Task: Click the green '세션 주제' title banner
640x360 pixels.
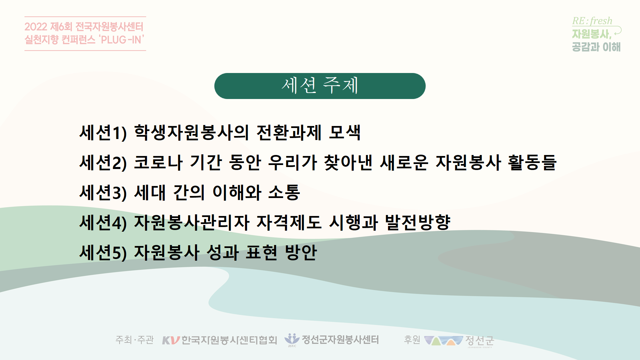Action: [x=320, y=86]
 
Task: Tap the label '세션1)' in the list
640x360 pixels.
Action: [x=103, y=133]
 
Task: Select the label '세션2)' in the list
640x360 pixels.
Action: [x=103, y=163]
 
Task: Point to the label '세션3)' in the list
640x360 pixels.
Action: [x=103, y=193]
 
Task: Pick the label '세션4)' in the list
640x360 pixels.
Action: [x=103, y=223]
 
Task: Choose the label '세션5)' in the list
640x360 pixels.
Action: [x=103, y=253]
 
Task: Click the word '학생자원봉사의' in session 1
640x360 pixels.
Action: [x=191, y=132]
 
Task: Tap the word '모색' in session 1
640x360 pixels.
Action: [x=344, y=132]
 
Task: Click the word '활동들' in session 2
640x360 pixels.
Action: [x=532, y=163]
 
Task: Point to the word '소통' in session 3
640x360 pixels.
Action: [x=284, y=193]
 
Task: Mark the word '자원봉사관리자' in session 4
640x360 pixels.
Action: [x=192, y=223]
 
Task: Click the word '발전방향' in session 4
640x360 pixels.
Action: [x=418, y=223]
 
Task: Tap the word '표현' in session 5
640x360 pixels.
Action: [x=261, y=252]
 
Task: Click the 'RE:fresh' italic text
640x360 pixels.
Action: [x=592, y=21]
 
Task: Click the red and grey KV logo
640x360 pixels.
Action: [x=171, y=340]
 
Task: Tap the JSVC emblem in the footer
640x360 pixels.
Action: [x=292, y=340]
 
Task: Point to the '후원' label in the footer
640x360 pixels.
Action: [x=412, y=340]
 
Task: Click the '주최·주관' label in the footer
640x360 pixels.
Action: [x=134, y=340]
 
